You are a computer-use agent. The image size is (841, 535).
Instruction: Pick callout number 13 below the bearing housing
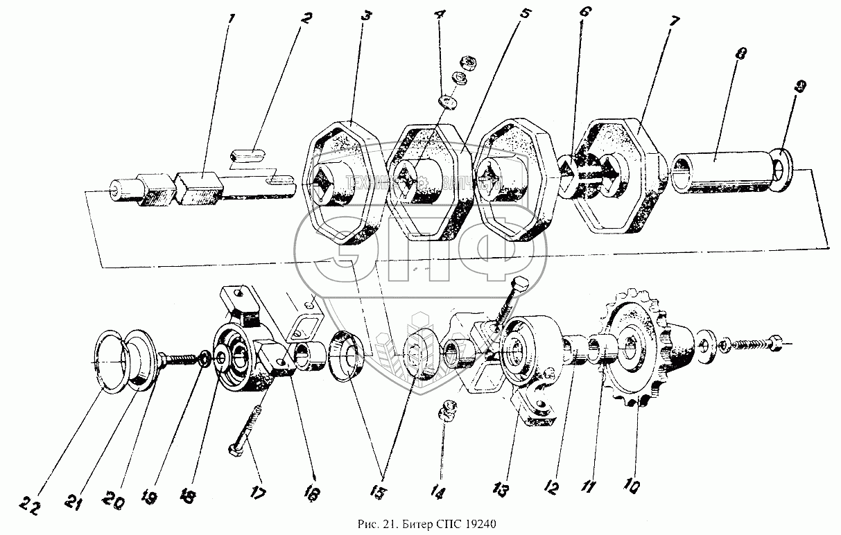pos(501,489)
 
